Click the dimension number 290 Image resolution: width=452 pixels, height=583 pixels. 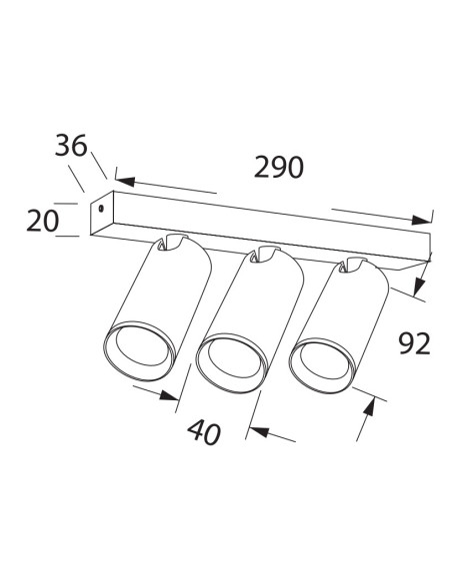(278, 168)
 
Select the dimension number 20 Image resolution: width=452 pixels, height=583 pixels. (43, 220)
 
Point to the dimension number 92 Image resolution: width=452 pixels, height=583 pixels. (413, 343)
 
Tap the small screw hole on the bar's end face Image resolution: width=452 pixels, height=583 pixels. (100, 210)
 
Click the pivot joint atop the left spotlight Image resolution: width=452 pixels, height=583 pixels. (174, 243)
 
